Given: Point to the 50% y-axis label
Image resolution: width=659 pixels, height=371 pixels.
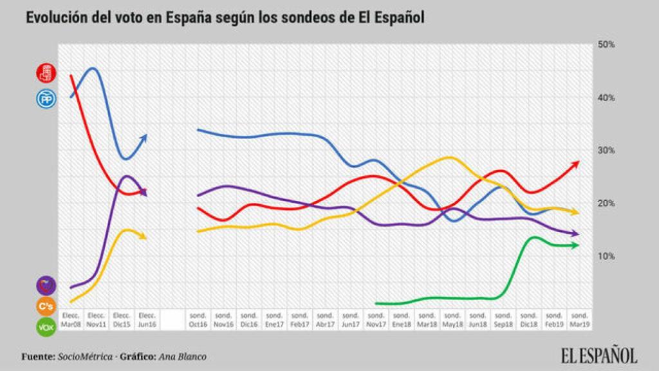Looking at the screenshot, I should (x=607, y=44).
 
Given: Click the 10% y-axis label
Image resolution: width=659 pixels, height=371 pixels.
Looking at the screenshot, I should (x=607, y=256).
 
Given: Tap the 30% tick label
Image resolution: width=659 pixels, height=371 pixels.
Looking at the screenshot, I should (x=607, y=151).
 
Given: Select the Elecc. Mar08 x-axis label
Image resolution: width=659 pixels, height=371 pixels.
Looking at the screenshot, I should (x=70, y=319).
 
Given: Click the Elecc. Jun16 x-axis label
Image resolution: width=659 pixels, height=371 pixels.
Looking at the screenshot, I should (x=147, y=319).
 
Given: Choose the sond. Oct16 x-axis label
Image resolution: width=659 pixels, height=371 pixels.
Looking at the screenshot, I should (x=197, y=319).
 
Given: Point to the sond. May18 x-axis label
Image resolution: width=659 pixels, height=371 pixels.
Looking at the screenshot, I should (x=453, y=319).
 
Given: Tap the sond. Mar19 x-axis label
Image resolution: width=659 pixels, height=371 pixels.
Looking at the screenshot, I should (x=580, y=319).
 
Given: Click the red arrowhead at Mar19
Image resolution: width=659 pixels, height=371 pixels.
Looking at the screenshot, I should (x=576, y=163).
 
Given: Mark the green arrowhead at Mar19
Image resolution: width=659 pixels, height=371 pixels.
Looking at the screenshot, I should (x=575, y=245).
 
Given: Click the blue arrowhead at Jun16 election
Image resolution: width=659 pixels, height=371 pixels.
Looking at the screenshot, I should (x=145, y=137).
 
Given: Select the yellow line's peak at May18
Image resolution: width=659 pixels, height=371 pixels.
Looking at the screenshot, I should (x=449, y=157).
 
